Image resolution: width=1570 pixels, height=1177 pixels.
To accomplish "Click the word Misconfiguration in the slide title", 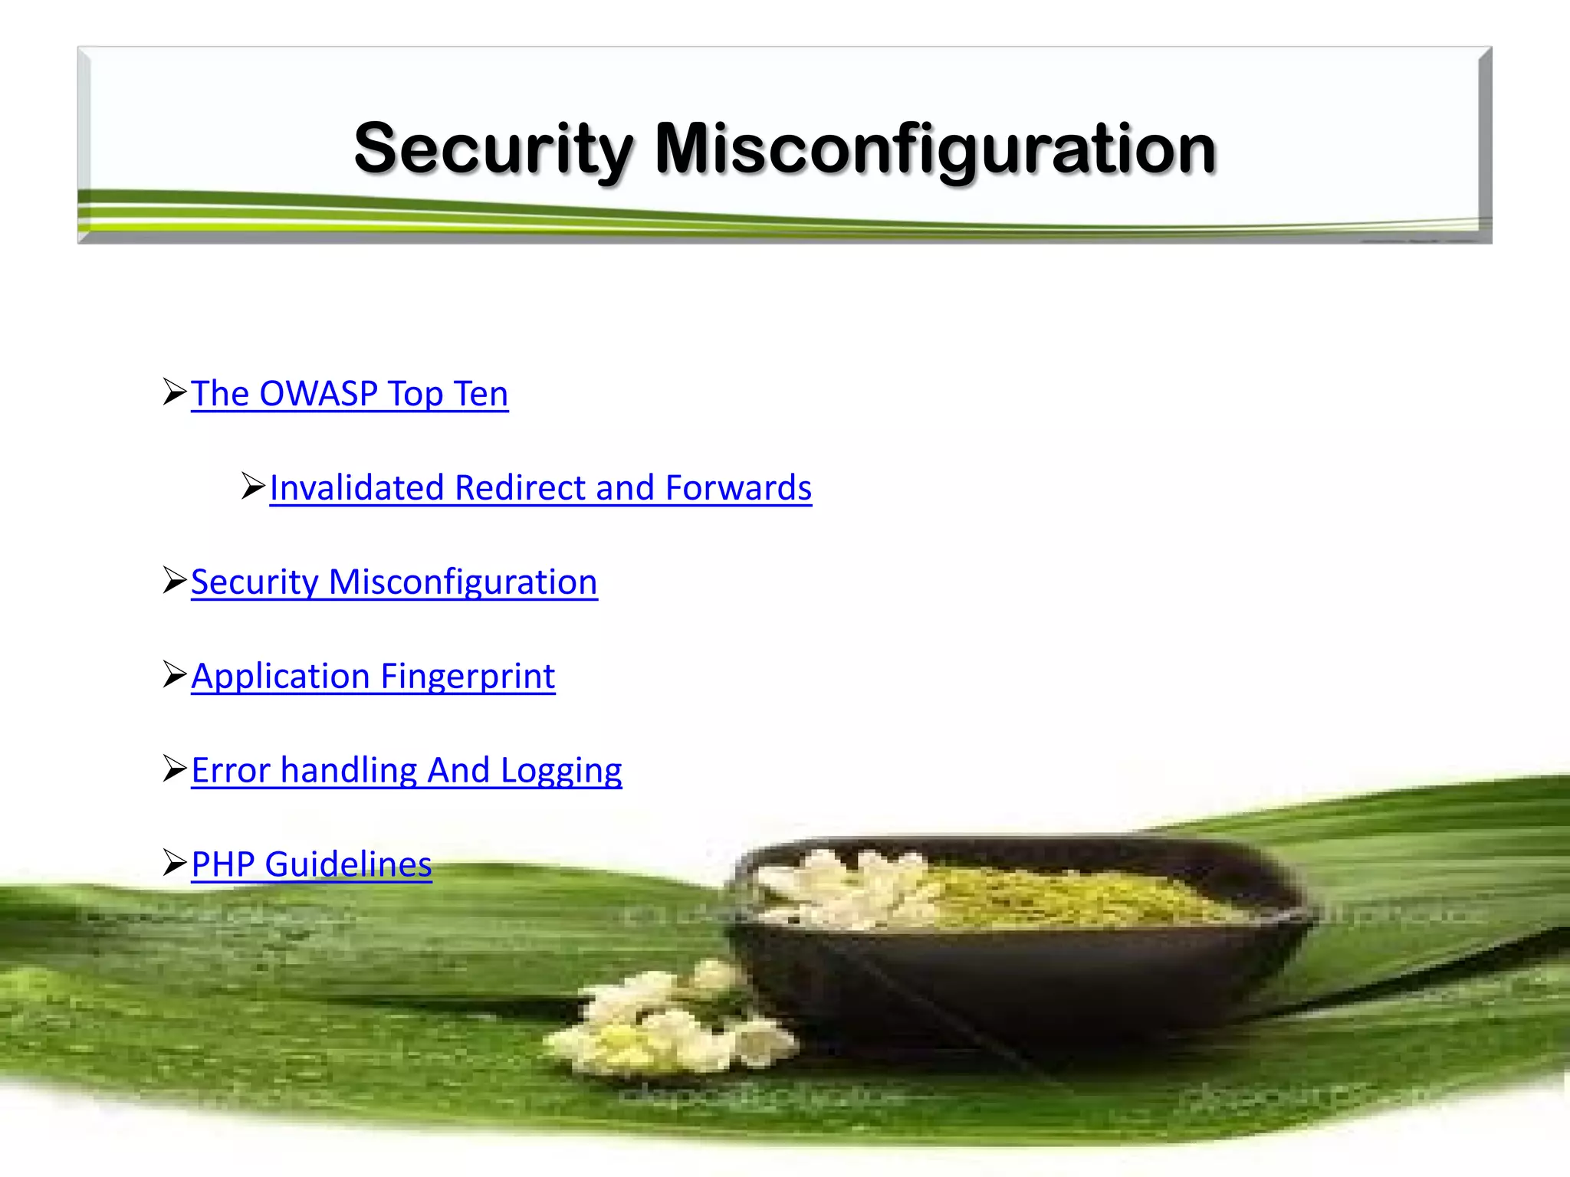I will tap(934, 149).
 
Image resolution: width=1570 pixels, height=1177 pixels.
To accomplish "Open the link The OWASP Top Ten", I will tap(350, 394).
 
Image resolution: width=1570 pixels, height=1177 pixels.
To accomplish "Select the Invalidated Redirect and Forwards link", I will tap(540, 488).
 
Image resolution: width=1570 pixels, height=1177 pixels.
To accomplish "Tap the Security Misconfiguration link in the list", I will tap(394, 582).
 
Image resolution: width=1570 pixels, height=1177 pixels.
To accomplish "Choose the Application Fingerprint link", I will tap(373, 677).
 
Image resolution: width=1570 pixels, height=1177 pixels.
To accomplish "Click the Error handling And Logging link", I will tap(406, 771).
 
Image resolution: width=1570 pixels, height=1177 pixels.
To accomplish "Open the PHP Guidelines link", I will tap(311, 864).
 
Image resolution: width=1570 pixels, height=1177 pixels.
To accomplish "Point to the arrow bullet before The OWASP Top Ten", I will tap(175, 392).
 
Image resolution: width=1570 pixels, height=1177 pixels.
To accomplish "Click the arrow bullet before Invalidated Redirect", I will tap(253, 486).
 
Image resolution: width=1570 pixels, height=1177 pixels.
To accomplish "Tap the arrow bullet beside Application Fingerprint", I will tap(175, 674).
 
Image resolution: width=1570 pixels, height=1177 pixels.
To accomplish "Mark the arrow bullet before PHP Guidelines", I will tap(175, 863).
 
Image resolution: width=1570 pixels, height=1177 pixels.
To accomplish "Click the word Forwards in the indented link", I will tap(738, 488).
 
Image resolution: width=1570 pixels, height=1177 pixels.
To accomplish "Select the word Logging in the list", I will tap(561, 771).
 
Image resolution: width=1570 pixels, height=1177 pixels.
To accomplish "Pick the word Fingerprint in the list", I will tap(468, 677).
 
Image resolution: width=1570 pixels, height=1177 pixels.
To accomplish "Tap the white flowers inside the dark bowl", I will tap(836, 889).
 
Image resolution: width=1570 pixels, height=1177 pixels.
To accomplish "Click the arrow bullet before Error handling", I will tap(175, 769).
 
